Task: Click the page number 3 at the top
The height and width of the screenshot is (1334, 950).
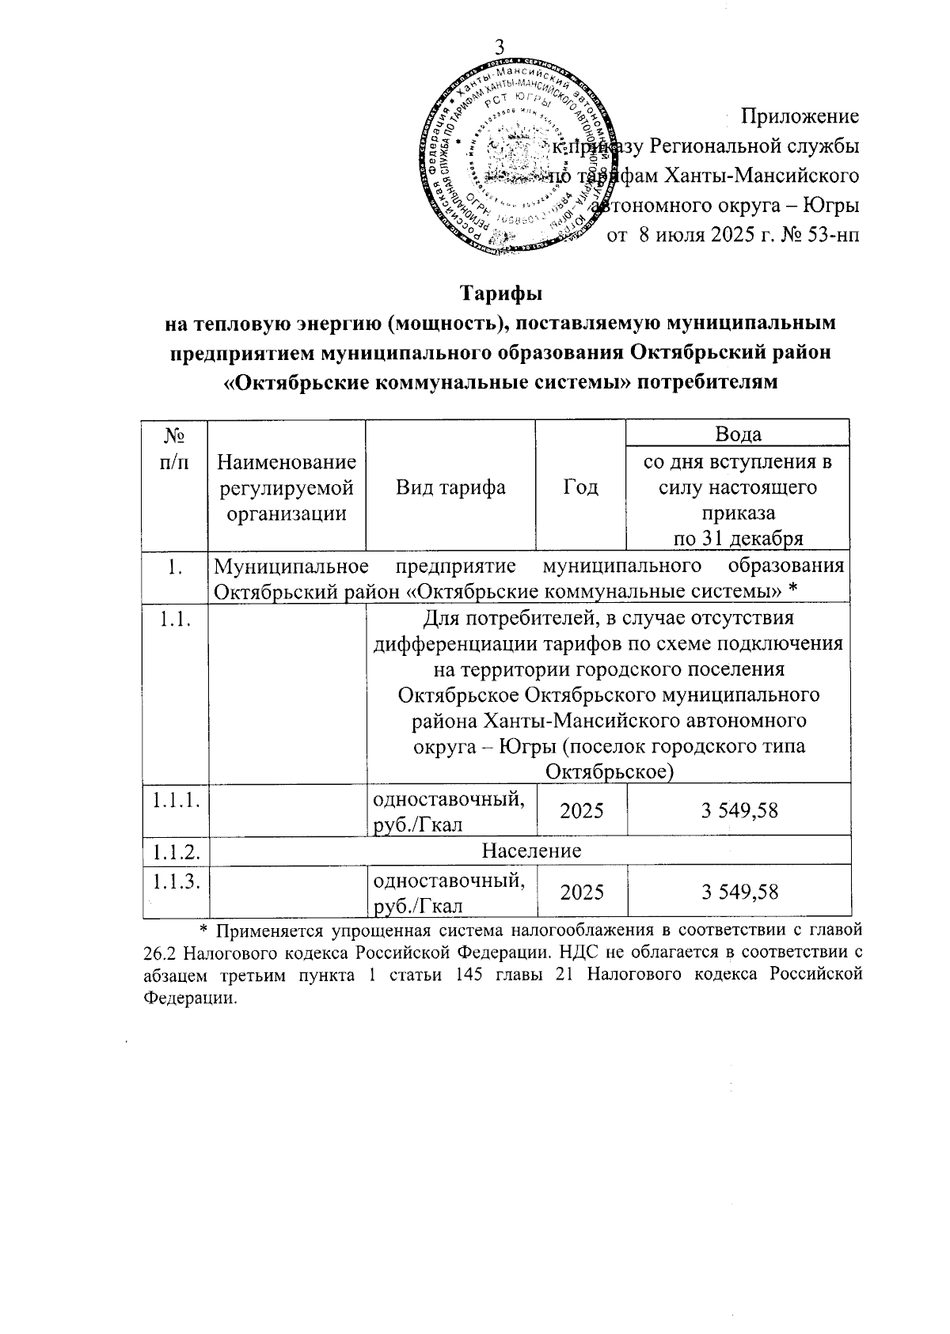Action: point(500,47)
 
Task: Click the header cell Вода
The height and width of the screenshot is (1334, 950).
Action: point(738,434)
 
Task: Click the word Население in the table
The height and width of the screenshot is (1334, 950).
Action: point(532,851)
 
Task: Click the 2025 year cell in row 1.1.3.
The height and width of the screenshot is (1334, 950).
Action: point(582,892)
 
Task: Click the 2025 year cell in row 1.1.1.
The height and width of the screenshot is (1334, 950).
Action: point(582,810)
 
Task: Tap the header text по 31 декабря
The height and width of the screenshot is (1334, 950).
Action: point(738,539)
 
